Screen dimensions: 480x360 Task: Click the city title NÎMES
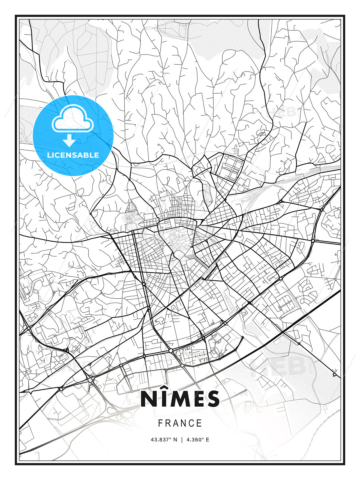[180, 399]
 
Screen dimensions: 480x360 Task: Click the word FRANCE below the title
[180, 423]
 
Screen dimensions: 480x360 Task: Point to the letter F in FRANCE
[160, 423]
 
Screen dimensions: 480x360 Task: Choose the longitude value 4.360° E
[198, 440]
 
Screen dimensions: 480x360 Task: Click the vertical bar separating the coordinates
[182, 440]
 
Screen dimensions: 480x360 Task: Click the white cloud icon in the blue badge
[73, 118]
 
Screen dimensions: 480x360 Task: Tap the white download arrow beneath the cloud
[69, 141]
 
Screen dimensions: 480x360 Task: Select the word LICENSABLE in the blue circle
[73, 155]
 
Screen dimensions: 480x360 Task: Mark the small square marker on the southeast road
[334, 375]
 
